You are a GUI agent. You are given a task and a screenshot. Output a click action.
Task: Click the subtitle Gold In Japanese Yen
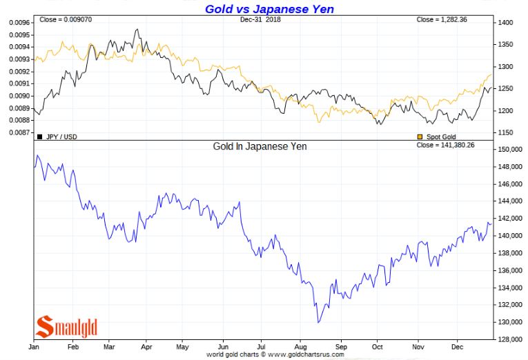tap(260, 146)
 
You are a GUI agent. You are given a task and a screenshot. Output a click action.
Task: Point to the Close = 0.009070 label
tap(66, 19)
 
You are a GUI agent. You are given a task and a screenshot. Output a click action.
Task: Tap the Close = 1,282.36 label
tap(442, 19)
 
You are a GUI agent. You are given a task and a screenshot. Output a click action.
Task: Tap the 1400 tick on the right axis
tap(506, 23)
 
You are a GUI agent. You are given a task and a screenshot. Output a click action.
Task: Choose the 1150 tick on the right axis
tap(506, 132)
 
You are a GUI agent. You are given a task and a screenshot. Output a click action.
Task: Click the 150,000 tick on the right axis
tap(510, 150)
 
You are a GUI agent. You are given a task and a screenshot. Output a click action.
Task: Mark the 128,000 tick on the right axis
tap(510, 339)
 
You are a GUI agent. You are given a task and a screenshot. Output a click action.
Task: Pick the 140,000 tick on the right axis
tap(510, 236)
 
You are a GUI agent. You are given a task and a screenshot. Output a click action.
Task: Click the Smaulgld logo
tap(67, 326)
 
